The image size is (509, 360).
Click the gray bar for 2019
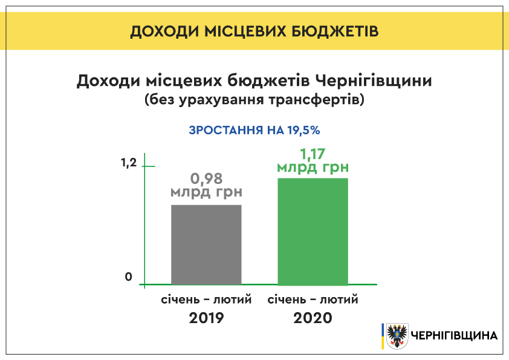[207, 244]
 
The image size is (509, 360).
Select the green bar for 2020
[313, 231]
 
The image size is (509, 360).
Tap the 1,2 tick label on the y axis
[129, 163]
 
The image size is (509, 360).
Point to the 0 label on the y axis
[129, 277]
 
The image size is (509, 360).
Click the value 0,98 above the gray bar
[207, 178]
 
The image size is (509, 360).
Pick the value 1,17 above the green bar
[313, 154]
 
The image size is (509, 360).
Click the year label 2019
[207, 318]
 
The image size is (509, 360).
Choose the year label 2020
[313, 318]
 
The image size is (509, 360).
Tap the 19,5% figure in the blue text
[304, 130]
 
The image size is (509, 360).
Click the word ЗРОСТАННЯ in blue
[226, 130]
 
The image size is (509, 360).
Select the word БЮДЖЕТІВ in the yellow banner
[336, 31]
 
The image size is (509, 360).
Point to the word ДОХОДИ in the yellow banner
[164, 31]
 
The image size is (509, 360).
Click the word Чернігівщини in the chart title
[374, 81]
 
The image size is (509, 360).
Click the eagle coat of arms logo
[397, 336]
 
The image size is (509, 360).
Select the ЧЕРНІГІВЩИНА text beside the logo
[455, 336]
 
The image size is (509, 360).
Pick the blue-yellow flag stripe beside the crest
[383, 336]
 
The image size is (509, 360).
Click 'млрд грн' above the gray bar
[207, 192]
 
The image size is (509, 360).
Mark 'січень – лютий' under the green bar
[313, 299]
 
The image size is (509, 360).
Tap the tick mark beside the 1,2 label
[149, 166]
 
